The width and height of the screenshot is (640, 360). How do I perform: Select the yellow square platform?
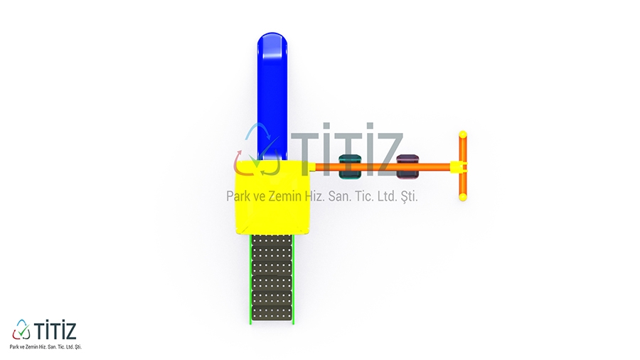[272, 198]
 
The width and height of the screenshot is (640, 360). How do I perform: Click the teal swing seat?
[350, 166]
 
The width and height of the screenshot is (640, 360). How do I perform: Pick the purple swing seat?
[407, 166]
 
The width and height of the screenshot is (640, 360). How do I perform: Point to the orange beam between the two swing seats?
[379, 167]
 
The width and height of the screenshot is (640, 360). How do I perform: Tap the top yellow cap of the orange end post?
[463, 134]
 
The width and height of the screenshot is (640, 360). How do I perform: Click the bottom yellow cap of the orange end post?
[463, 197]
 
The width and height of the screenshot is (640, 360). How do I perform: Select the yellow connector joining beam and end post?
[459, 167]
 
